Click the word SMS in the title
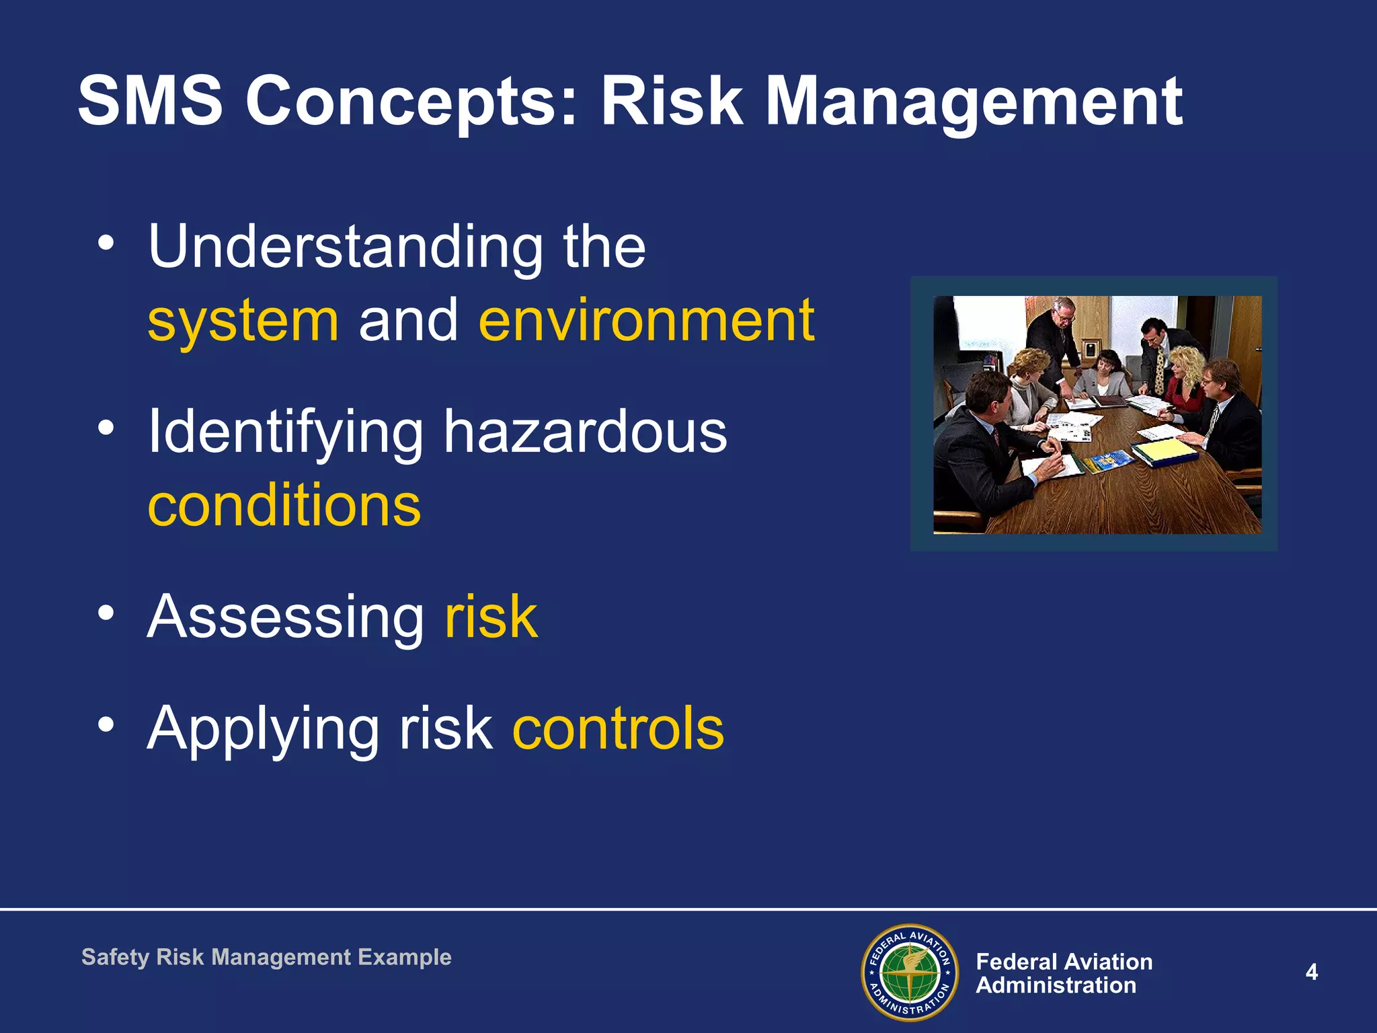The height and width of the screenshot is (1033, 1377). (x=149, y=101)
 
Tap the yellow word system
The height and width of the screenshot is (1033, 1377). (x=243, y=321)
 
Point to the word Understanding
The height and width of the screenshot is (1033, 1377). (x=345, y=247)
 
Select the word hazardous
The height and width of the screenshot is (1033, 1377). (x=584, y=432)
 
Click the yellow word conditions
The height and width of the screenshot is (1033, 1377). (x=284, y=506)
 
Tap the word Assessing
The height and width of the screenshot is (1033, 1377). (x=285, y=617)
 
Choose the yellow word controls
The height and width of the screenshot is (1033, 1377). (x=618, y=728)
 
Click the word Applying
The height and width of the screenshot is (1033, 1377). (x=263, y=730)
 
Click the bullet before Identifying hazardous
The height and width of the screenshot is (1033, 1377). (x=106, y=427)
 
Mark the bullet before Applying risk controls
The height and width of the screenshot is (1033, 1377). (x=106, y=724)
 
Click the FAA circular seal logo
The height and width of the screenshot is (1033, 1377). (x=909, y=972)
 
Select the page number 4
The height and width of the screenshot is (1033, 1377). (x=1311, y=972)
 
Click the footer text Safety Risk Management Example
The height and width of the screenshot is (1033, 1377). (x=266, y=957)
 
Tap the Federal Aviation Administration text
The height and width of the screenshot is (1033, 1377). (x=1064, y=973)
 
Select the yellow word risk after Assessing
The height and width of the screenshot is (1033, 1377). (x=491, y=617)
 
